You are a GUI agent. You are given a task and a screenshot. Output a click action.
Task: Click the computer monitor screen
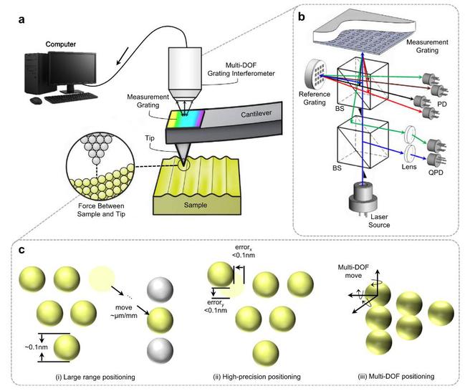72,68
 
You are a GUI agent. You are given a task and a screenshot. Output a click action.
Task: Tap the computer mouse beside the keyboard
36,101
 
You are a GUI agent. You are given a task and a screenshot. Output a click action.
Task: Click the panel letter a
21,20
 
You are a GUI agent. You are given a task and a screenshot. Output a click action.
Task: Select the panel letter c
21,250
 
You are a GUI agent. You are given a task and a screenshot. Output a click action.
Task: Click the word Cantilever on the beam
257,114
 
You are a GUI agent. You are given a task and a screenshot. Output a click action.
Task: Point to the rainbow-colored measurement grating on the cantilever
186,119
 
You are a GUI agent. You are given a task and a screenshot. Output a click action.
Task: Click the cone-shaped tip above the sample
181,155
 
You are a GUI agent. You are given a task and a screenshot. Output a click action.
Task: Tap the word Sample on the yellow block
196,205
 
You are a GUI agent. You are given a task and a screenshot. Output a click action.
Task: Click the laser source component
363,197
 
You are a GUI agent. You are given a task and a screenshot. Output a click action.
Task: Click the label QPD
436,173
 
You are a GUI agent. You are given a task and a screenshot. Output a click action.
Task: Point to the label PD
442,104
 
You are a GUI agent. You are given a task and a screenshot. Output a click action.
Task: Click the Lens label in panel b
409,167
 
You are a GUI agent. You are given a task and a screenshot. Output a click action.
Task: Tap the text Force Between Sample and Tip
101,210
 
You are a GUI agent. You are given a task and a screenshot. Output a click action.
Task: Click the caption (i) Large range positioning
95,377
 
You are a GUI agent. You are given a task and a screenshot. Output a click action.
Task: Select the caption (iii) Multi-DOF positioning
396,377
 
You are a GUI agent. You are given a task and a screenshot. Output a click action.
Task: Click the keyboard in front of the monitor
71,97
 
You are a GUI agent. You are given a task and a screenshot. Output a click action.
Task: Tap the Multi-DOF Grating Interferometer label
241,69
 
